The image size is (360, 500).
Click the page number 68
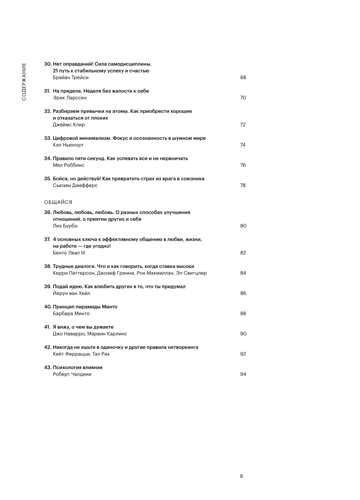pyautogui.click(x=243, y=77)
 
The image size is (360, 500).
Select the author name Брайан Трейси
pyautogui.click(x=70, y=77)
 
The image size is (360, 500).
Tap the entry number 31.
pyautogui.click(x=47, y=91)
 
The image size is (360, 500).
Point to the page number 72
pyautogui.click(x=243, y=124)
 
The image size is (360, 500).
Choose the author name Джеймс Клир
pyautogui.click(x=68, y=124)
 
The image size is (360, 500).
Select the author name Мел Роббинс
pyautogui.click(x=69, y=165)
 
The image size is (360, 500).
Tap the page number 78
pyautogui.click(x=243, y=185)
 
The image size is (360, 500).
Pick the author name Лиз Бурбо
pyautogui.click(x=65, y=225)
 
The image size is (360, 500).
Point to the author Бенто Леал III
pyautogui.click(x=69, y=252)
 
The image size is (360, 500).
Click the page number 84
pyautogui.click(x=243, y=273)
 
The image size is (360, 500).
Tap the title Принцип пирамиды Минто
pyautogui.click(x=84, y=306)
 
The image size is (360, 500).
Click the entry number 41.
pyautogui.click(x=47, y=326)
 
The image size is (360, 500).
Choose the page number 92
pyautogui.click(x=243, y=353)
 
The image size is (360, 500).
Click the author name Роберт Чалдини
pyautogui.click(x=72, y=373)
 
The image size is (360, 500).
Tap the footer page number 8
pyautogui.click(x=241, y=476)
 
